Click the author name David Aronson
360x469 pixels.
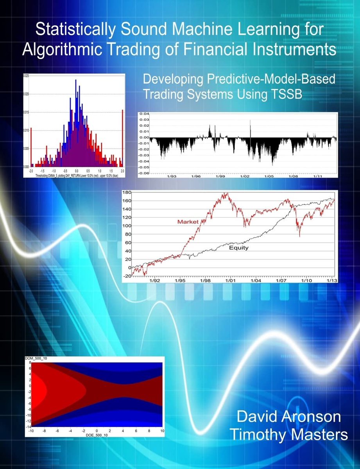pos(288,417)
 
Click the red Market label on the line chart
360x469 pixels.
pos(188,222)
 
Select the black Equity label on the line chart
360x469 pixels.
pos(239,247)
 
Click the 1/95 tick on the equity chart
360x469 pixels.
pos(180,281)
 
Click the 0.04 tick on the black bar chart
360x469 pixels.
pos(144,114)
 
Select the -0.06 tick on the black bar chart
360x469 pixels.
pos(143,174)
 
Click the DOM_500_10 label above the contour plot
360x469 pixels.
pos(34,359)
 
